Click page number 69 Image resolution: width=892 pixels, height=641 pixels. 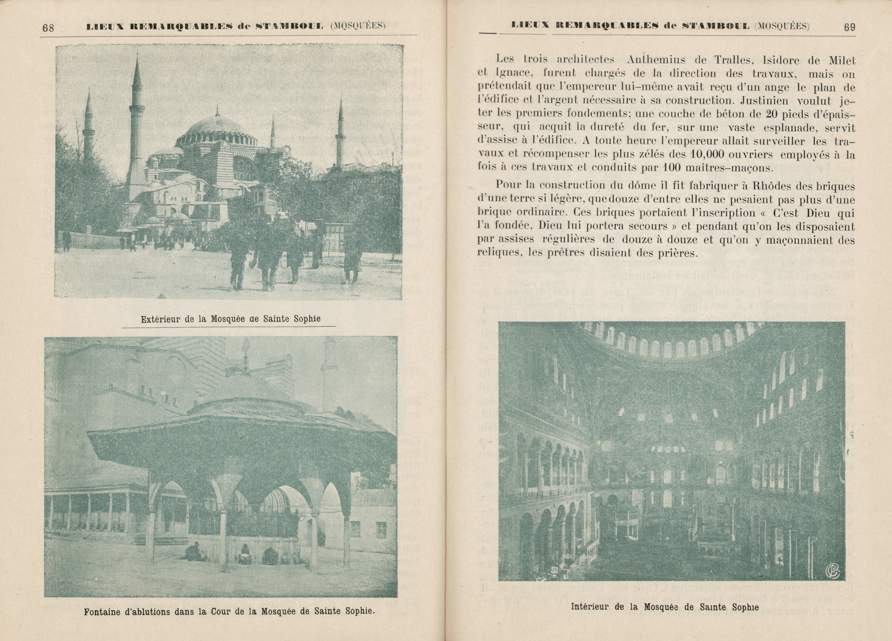850,28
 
